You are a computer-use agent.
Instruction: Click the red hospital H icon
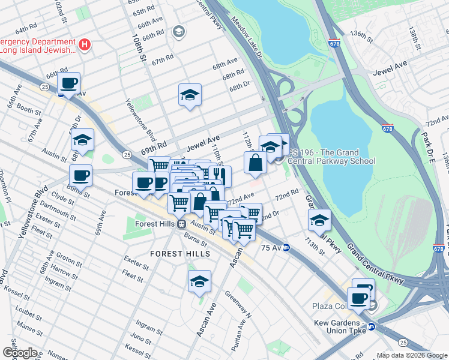(x=85, y=44)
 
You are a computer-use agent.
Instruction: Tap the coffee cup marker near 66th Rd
(x=68, y=83)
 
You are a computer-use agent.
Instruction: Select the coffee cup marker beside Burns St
(x=80, y=176)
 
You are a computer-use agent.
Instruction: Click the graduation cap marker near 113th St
(x=320, y=221)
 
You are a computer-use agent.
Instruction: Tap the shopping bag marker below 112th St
(x=255, y=162)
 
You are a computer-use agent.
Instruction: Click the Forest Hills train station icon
(x=181, y=224)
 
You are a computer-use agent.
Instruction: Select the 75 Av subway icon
(x=287, y=247)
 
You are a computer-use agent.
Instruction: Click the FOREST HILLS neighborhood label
(x=180, y=254)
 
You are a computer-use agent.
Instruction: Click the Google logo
(x=20, y=353)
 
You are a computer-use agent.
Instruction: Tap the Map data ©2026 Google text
(x=412, y=355)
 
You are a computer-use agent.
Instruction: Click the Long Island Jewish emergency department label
(x=37, y=46)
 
